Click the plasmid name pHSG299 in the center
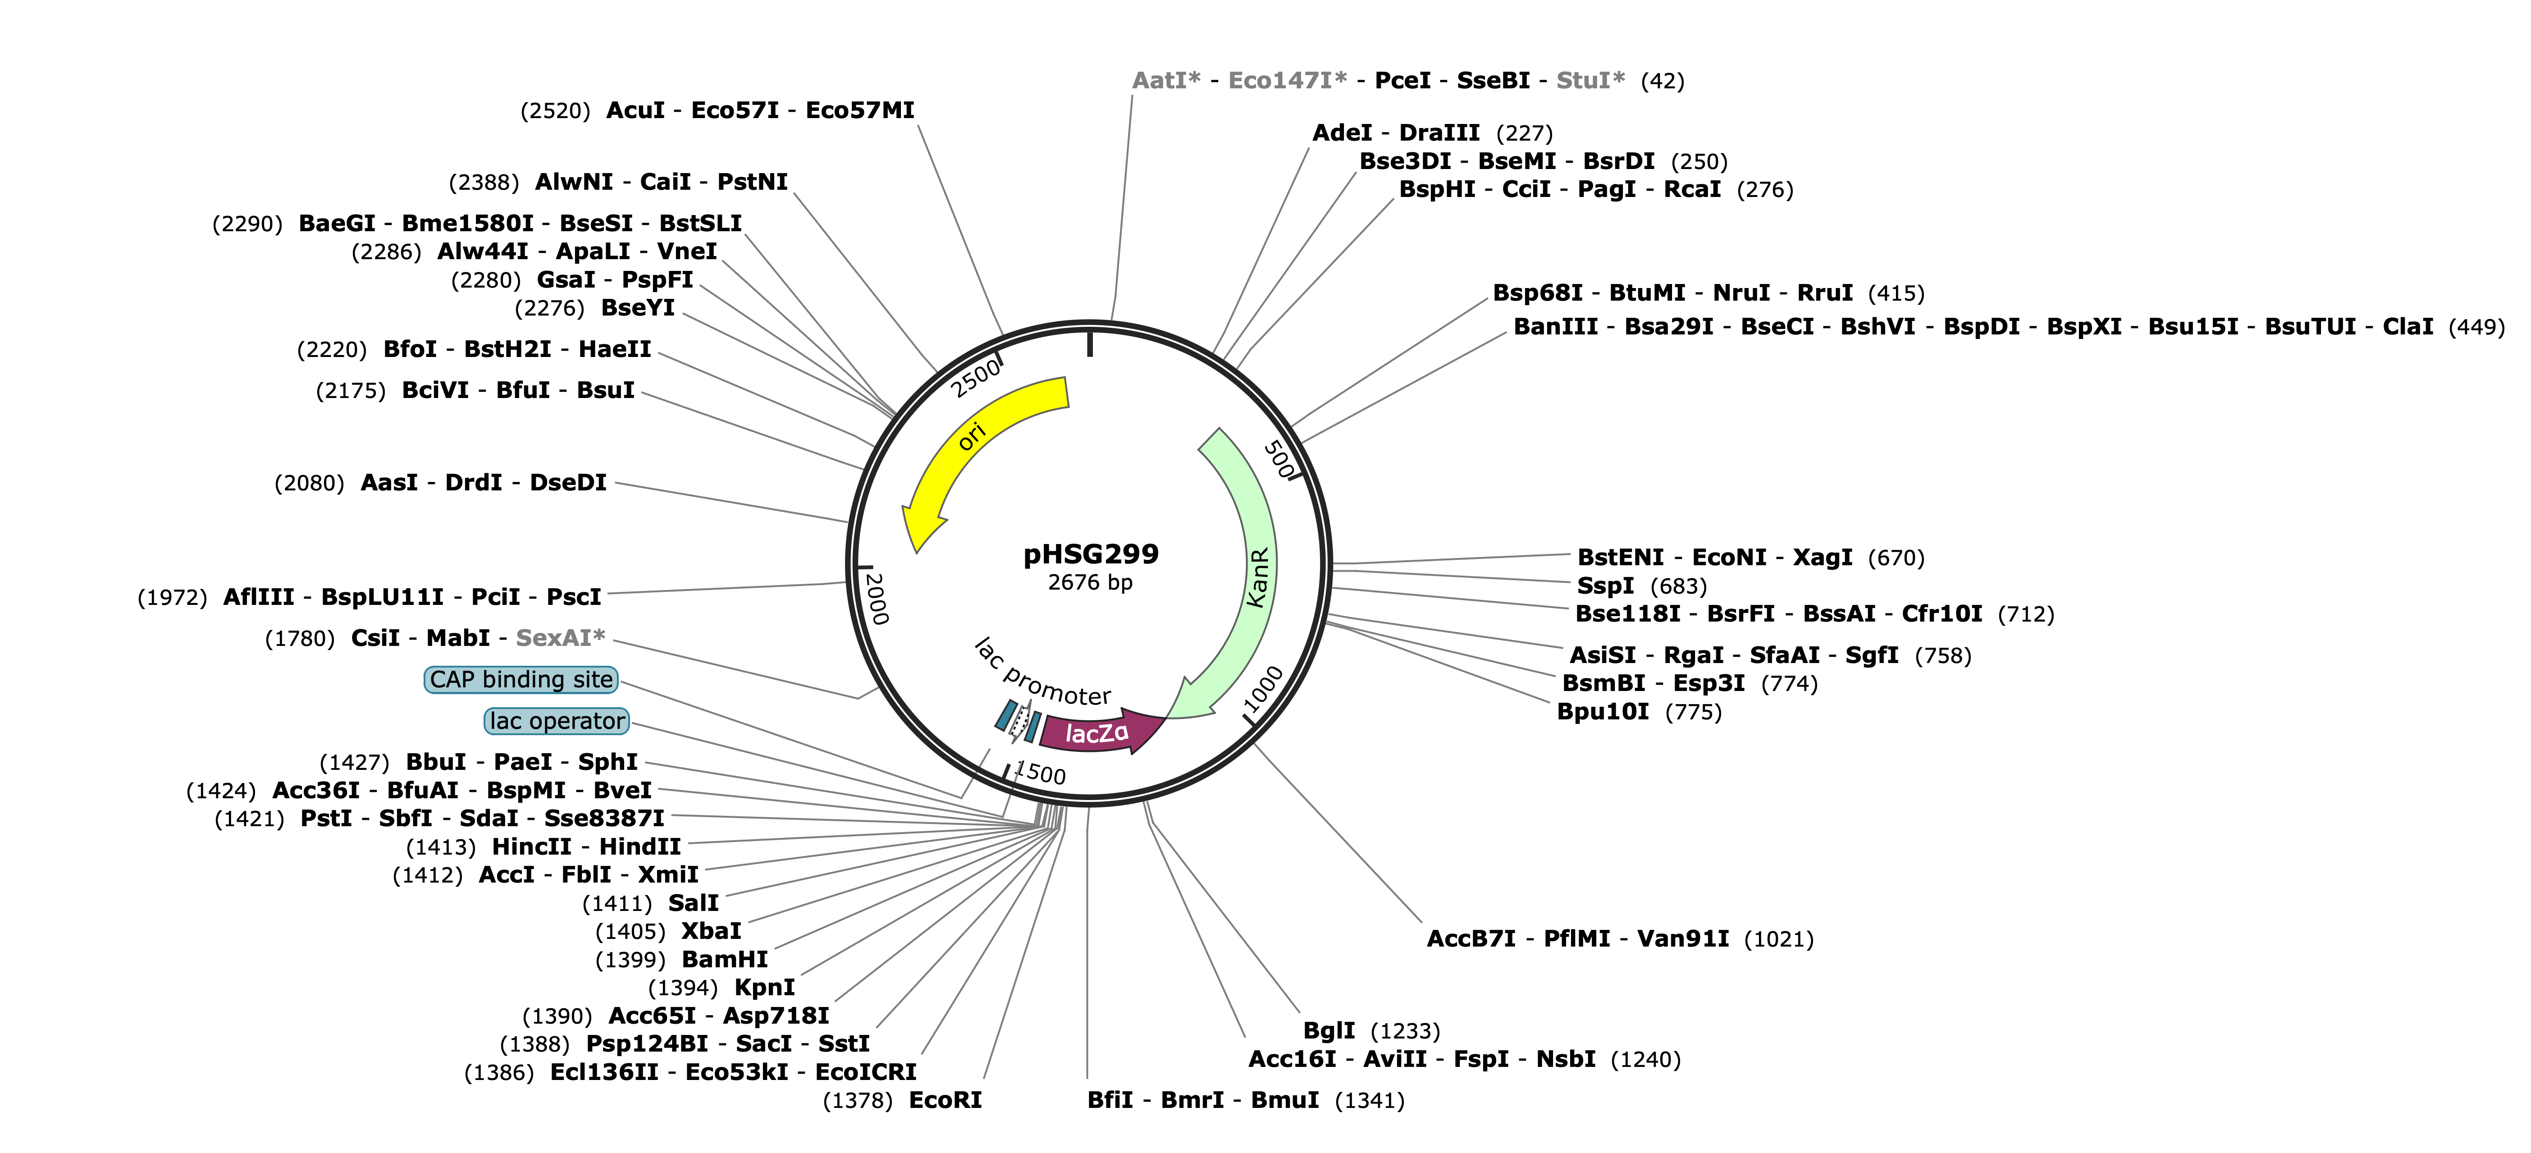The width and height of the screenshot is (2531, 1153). [1091, 554]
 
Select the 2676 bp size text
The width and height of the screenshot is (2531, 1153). [1091, 583]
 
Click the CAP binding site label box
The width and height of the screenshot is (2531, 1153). [521, 679]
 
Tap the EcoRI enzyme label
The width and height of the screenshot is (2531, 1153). [945, 1100]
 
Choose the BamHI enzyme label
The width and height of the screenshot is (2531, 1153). [725, 959]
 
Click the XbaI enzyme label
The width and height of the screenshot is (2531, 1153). [711, 931]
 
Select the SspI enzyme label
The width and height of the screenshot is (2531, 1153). [1605, 586]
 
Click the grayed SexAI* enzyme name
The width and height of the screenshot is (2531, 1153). [560, 638]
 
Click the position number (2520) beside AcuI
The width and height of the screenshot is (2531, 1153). [555, 110]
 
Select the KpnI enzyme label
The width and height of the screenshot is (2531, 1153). [764, 987]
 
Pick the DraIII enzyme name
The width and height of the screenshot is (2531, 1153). [1439, 133]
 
